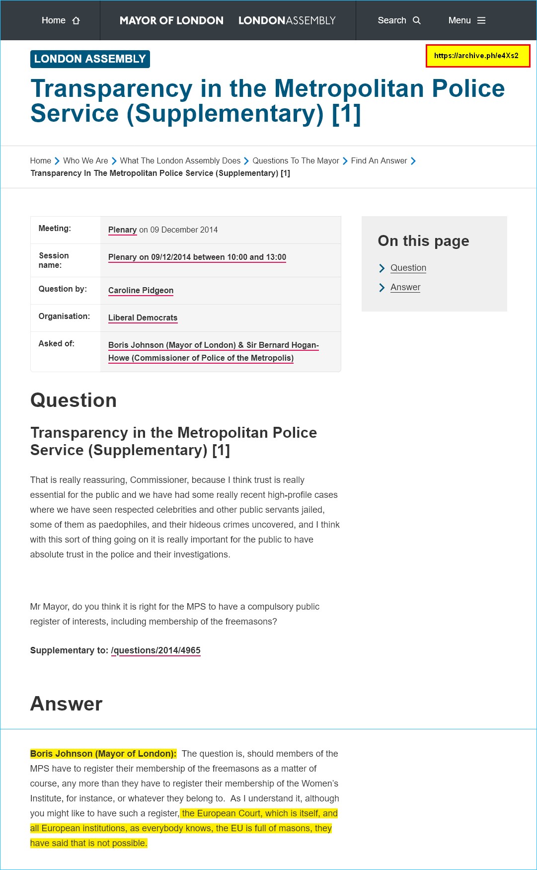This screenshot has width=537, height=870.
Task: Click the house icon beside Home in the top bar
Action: [x=76, y=20]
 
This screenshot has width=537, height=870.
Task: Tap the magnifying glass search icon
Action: [x=417, y=20]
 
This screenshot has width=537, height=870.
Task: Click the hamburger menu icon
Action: [x=481, y=20]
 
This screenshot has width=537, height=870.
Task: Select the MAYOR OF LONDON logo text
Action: [x=171, y=20]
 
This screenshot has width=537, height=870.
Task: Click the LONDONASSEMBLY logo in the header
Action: [x=287, y=20]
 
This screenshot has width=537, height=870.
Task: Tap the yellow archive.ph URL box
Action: [x=477, y=56]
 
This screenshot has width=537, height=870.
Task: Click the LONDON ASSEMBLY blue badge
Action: [x=90, y=59]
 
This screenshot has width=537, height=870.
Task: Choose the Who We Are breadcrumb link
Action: [x=85, y=161]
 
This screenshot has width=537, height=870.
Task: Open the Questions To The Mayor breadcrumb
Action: [x=296, y=161]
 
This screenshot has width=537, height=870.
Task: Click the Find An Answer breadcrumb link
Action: [x=379, y=161]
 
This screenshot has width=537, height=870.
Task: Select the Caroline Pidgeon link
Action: [x=141, y=291]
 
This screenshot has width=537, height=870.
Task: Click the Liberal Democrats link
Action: [x=143, y=318]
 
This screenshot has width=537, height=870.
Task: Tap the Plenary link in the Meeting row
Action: [x=122, y=230]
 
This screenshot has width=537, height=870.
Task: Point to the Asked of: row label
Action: [x=57, y=344]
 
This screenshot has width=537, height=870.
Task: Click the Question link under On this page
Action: [x=408, y=268]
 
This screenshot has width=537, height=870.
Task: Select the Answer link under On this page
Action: [x=405, y=287]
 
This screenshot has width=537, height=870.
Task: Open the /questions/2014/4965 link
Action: [x=156, y=650]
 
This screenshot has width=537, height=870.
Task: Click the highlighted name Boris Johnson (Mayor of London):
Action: [x=103, y=754]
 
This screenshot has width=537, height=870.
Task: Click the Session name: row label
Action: [x=54, y=260]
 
